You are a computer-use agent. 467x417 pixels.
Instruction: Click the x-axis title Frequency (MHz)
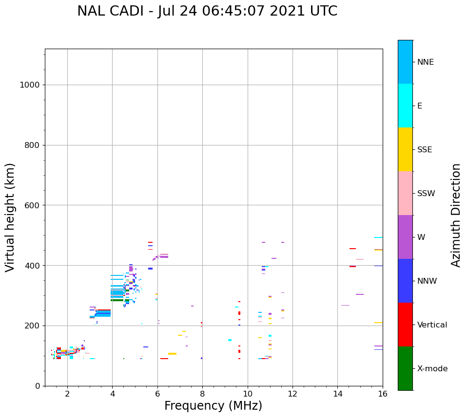(213, 406)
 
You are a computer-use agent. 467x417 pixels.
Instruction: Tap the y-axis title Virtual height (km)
(10, 218)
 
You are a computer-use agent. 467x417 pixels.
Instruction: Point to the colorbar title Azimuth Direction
(456, 215)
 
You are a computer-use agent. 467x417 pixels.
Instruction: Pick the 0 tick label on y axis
(37, 386)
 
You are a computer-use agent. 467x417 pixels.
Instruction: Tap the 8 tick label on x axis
(202, 394)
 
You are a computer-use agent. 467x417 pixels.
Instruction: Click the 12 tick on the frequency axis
(292, 394)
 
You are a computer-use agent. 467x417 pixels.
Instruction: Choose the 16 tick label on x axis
(382, 394)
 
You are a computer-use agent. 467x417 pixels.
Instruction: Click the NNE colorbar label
(425, 62)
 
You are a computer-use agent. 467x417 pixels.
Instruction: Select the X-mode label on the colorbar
(432, 369)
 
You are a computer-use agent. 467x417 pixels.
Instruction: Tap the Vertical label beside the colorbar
(432, 325)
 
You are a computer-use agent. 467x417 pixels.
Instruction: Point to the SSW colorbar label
(426, 194)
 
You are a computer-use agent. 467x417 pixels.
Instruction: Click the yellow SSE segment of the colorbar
(405, 149)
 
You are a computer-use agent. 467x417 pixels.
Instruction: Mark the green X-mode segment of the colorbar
(405, 368)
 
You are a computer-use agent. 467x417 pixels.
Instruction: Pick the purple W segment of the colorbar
(405, 237)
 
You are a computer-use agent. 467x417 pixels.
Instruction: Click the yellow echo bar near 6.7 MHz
(172, 354)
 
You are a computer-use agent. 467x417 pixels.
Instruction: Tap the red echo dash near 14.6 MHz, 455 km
(352, 249)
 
